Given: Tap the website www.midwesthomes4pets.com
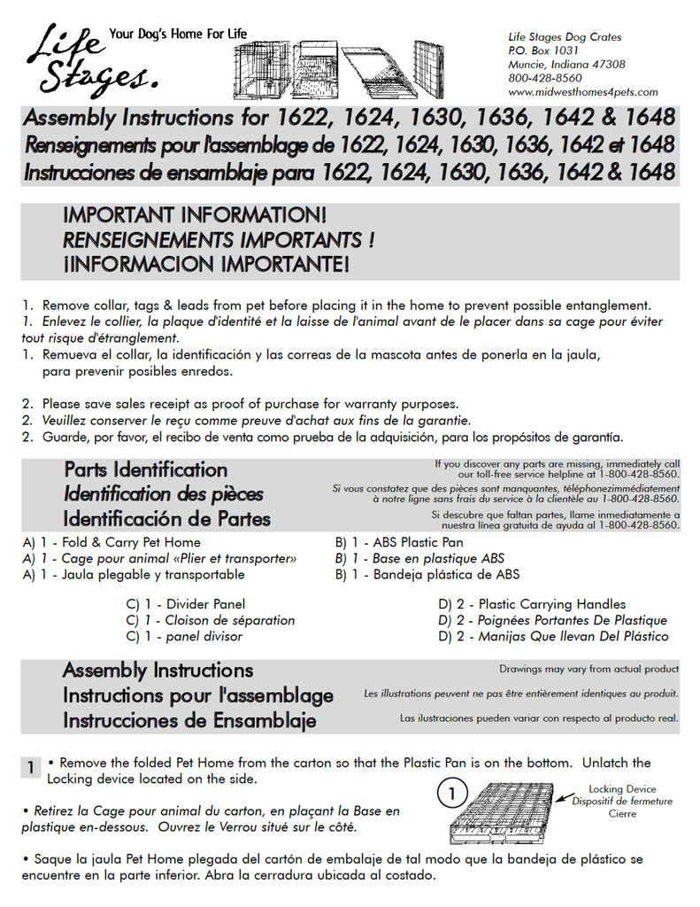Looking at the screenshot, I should tap(582, 92).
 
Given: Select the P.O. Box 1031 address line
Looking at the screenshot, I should tap(543, 50).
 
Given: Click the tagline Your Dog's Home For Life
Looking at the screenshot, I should tap(177, 35).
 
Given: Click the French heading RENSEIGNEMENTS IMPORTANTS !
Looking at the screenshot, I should tap(218, 240).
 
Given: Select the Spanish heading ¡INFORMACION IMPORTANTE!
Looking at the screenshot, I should tap(205, 264).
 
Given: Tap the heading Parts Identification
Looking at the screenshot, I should tap(145, 469).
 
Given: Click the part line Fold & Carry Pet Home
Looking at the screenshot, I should tap(120, 542).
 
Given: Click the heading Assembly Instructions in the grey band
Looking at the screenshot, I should tap(158, 671).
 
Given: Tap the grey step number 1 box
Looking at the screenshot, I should tap(30, 767).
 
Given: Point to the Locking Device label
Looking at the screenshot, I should tap(622, 789).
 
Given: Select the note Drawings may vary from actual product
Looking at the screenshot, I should tap(588, 670).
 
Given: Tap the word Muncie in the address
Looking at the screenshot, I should tap(527, 65).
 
